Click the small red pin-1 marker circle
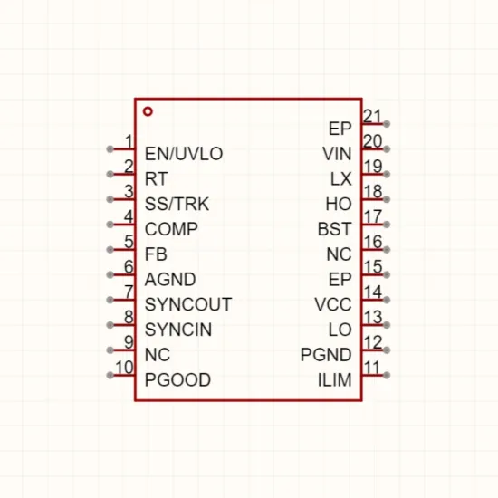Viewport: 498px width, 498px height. click(148, 111)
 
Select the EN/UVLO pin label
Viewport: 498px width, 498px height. click(184, 154)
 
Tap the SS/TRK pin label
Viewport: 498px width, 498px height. click(177, 204)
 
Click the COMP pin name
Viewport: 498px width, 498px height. click(171, 229)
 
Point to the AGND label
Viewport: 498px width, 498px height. click(170, 280)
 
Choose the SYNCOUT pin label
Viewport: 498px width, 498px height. click(188, 304)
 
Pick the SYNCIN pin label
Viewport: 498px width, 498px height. click(178, 330)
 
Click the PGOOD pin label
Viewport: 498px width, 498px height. click(177, 380)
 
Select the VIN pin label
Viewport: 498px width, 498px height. click(337, 154)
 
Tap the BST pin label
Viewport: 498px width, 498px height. click(335, 229)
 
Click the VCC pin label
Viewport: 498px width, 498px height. click(333, 304)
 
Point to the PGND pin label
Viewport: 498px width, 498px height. click(326, 355)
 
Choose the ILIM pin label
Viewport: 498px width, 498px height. click(335, 380)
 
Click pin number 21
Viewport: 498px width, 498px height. click(372, 117)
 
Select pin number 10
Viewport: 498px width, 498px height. click(124, 368)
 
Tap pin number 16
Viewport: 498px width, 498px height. click(372, 242)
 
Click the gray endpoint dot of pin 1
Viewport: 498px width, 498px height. click(110, 149)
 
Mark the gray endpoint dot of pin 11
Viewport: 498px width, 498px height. click(387, 376)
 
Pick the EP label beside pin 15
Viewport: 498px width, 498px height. click(340, 280)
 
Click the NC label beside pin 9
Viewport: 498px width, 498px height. click(158, 355)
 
